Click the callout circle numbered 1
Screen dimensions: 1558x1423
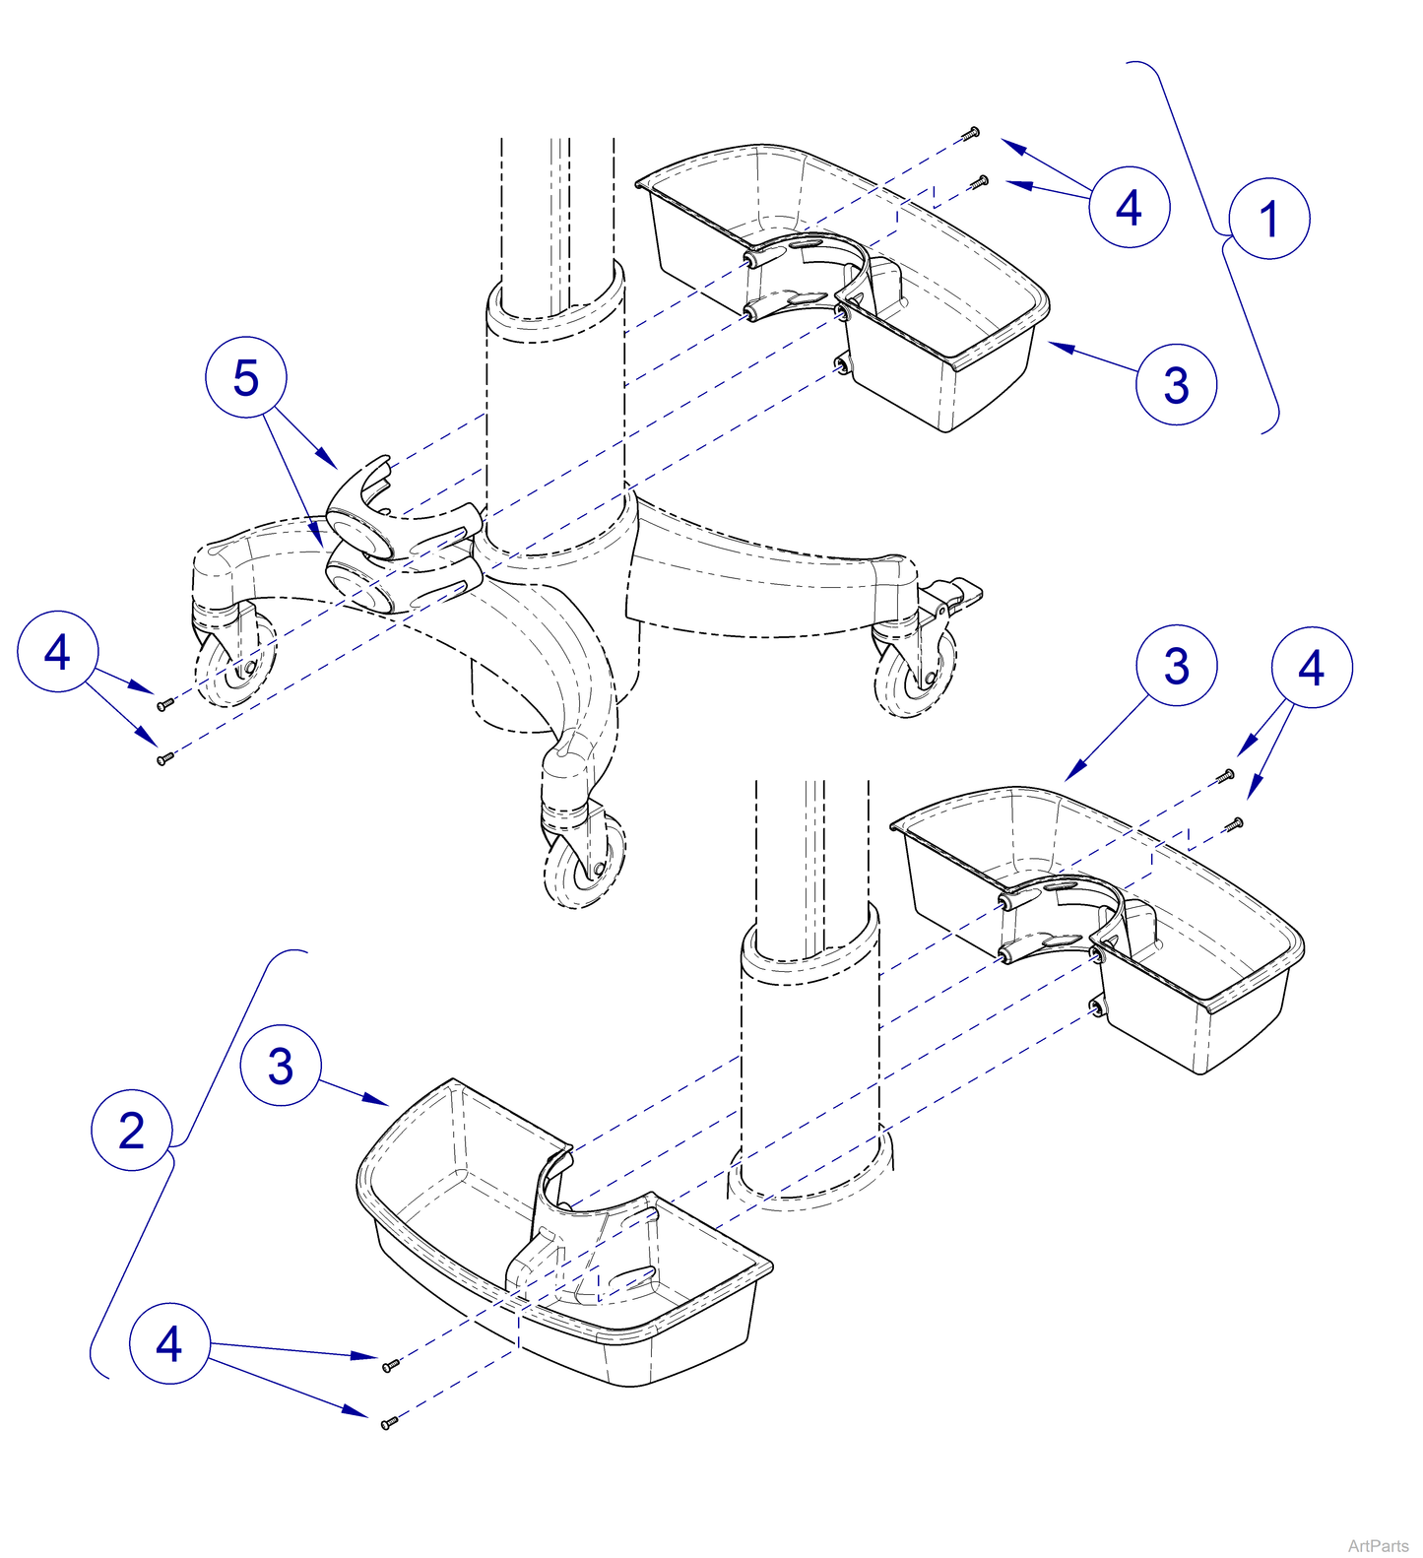[x=1268, y=219]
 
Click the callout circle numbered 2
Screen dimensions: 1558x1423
[x=132, y=1130]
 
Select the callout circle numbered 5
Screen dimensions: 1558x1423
[x=245, y=378]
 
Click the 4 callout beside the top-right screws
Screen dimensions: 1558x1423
[x=1129, y=207]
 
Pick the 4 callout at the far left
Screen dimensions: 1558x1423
[x=58, y=652]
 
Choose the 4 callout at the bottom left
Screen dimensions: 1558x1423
[x=169, y=1343]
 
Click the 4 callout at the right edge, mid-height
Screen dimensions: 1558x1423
[x=1311, y=668]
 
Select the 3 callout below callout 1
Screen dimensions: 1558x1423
[x=1176, y=384]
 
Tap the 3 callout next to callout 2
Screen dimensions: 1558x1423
[x=281, y=1066]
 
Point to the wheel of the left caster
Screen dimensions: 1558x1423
[x=237, y=665]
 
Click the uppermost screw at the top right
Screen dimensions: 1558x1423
[x=971, y=132]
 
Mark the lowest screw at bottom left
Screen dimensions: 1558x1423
[x=389, y=1422]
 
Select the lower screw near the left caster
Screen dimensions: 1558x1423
[x=164, y=757]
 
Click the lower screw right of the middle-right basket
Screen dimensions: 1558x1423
[x=1232, y=823]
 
